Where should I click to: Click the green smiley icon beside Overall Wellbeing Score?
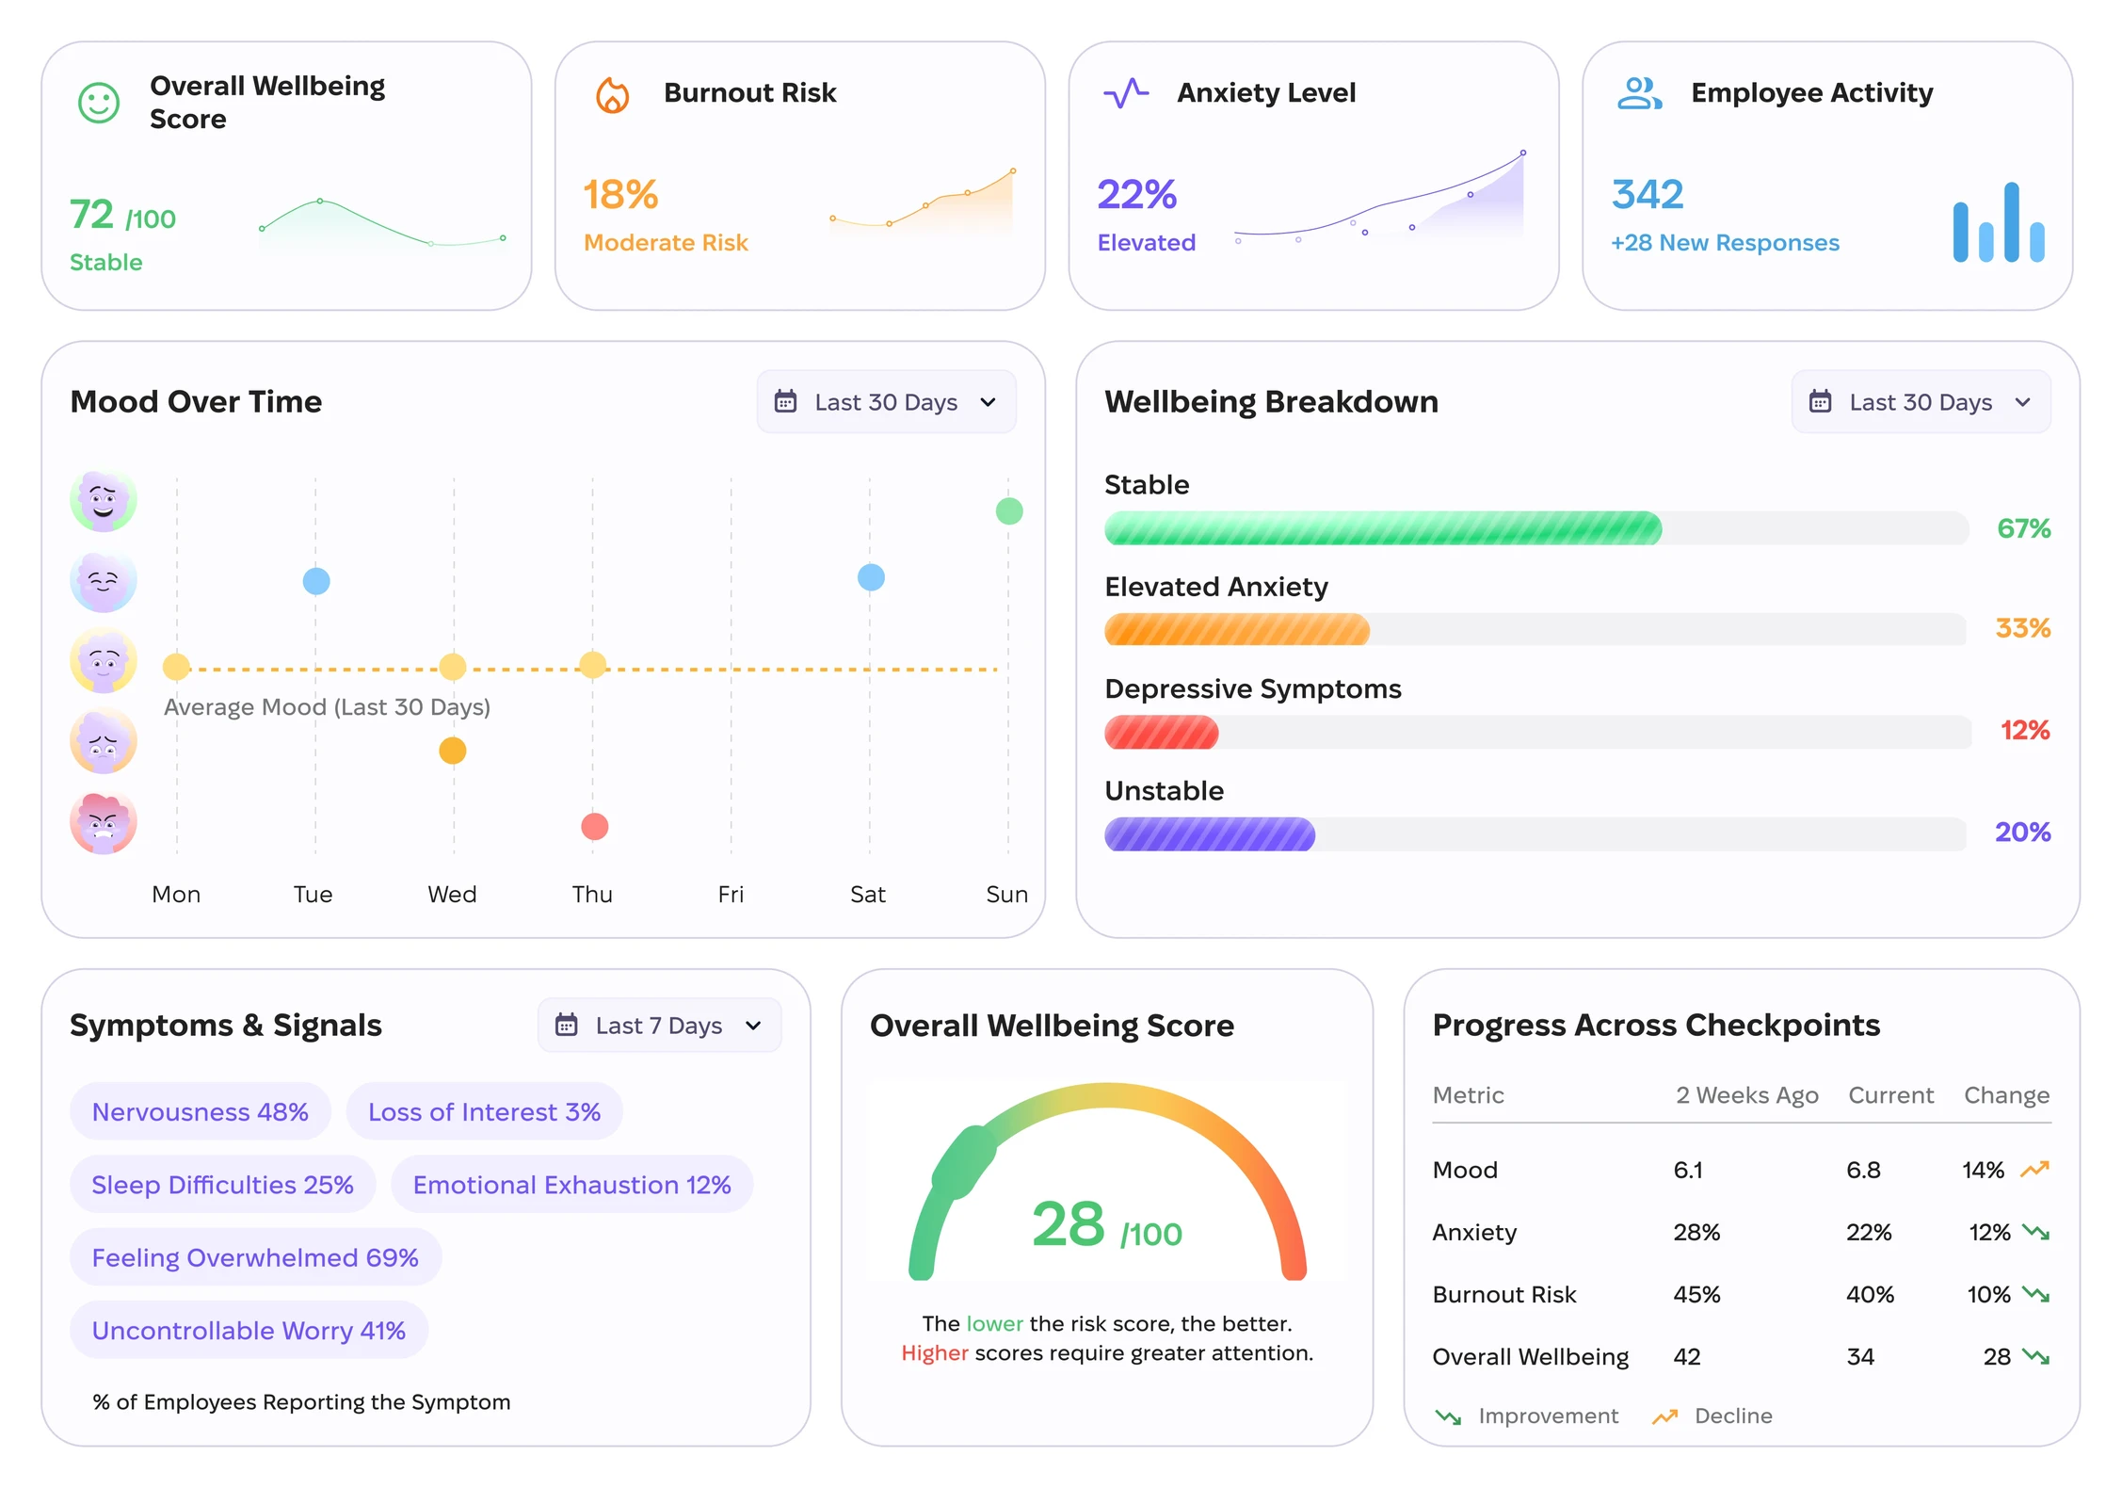[99, 103]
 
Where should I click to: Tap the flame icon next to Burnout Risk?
[612, 94]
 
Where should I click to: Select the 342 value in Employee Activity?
[1648, 194]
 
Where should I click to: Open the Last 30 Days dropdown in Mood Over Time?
[886, 402]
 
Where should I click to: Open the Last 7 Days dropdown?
[659, 1025]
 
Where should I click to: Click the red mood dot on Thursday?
[594, 826]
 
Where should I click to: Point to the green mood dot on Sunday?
[1009, 511]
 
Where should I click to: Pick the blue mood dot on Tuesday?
[316, 581]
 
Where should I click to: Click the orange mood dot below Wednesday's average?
[453, 751]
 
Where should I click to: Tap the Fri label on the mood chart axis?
[731, 894]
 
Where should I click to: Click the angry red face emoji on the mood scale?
[104, 822]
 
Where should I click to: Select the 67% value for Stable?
[2024, 528]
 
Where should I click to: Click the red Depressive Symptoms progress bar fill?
[1162, 732]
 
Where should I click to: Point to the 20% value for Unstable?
[2023, 832]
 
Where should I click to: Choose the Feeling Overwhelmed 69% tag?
[255, 1257]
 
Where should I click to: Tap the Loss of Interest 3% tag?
[484, 1111]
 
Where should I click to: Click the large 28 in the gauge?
[1068, 1224]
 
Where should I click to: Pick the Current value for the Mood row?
[1863, 1170]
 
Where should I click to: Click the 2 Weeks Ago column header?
[1746, 1095]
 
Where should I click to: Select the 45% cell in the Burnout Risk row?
[1696, 1294]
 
